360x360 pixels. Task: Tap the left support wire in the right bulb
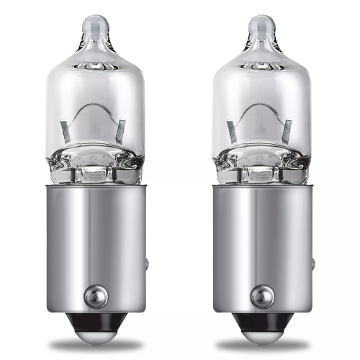233,131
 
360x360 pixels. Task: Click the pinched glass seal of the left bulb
94,171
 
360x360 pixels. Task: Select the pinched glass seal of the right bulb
261,171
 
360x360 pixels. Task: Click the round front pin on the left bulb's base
94,294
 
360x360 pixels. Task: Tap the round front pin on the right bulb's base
261,294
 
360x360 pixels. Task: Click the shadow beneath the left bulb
94,346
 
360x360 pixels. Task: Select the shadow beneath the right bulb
261,346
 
